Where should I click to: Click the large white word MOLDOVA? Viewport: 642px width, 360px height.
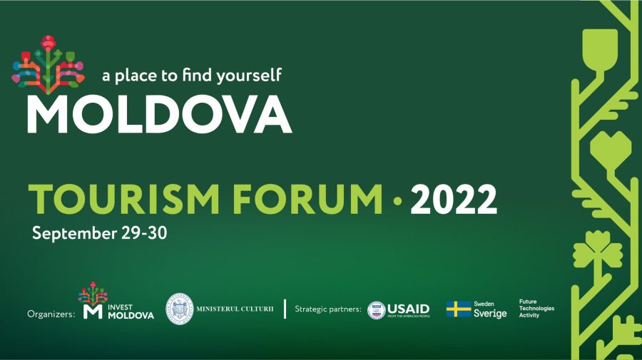(159, 113)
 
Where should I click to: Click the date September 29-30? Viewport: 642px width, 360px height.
(99, 233)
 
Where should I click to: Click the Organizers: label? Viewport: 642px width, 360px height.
(51, 313)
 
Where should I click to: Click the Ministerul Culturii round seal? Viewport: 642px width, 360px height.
(180, 309)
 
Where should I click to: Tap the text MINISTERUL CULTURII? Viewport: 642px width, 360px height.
(235, 309)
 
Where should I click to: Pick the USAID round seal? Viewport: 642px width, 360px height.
(376, 310)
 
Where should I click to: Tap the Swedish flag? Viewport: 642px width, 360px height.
(458, 309)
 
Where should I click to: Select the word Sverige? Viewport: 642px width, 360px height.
(490, 314)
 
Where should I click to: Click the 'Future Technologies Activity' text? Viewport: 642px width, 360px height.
(536, 308)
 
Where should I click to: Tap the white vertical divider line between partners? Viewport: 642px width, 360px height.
(285, 309)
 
